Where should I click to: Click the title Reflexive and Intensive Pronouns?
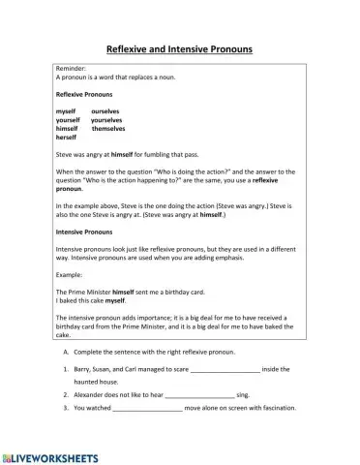coord(180,47)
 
